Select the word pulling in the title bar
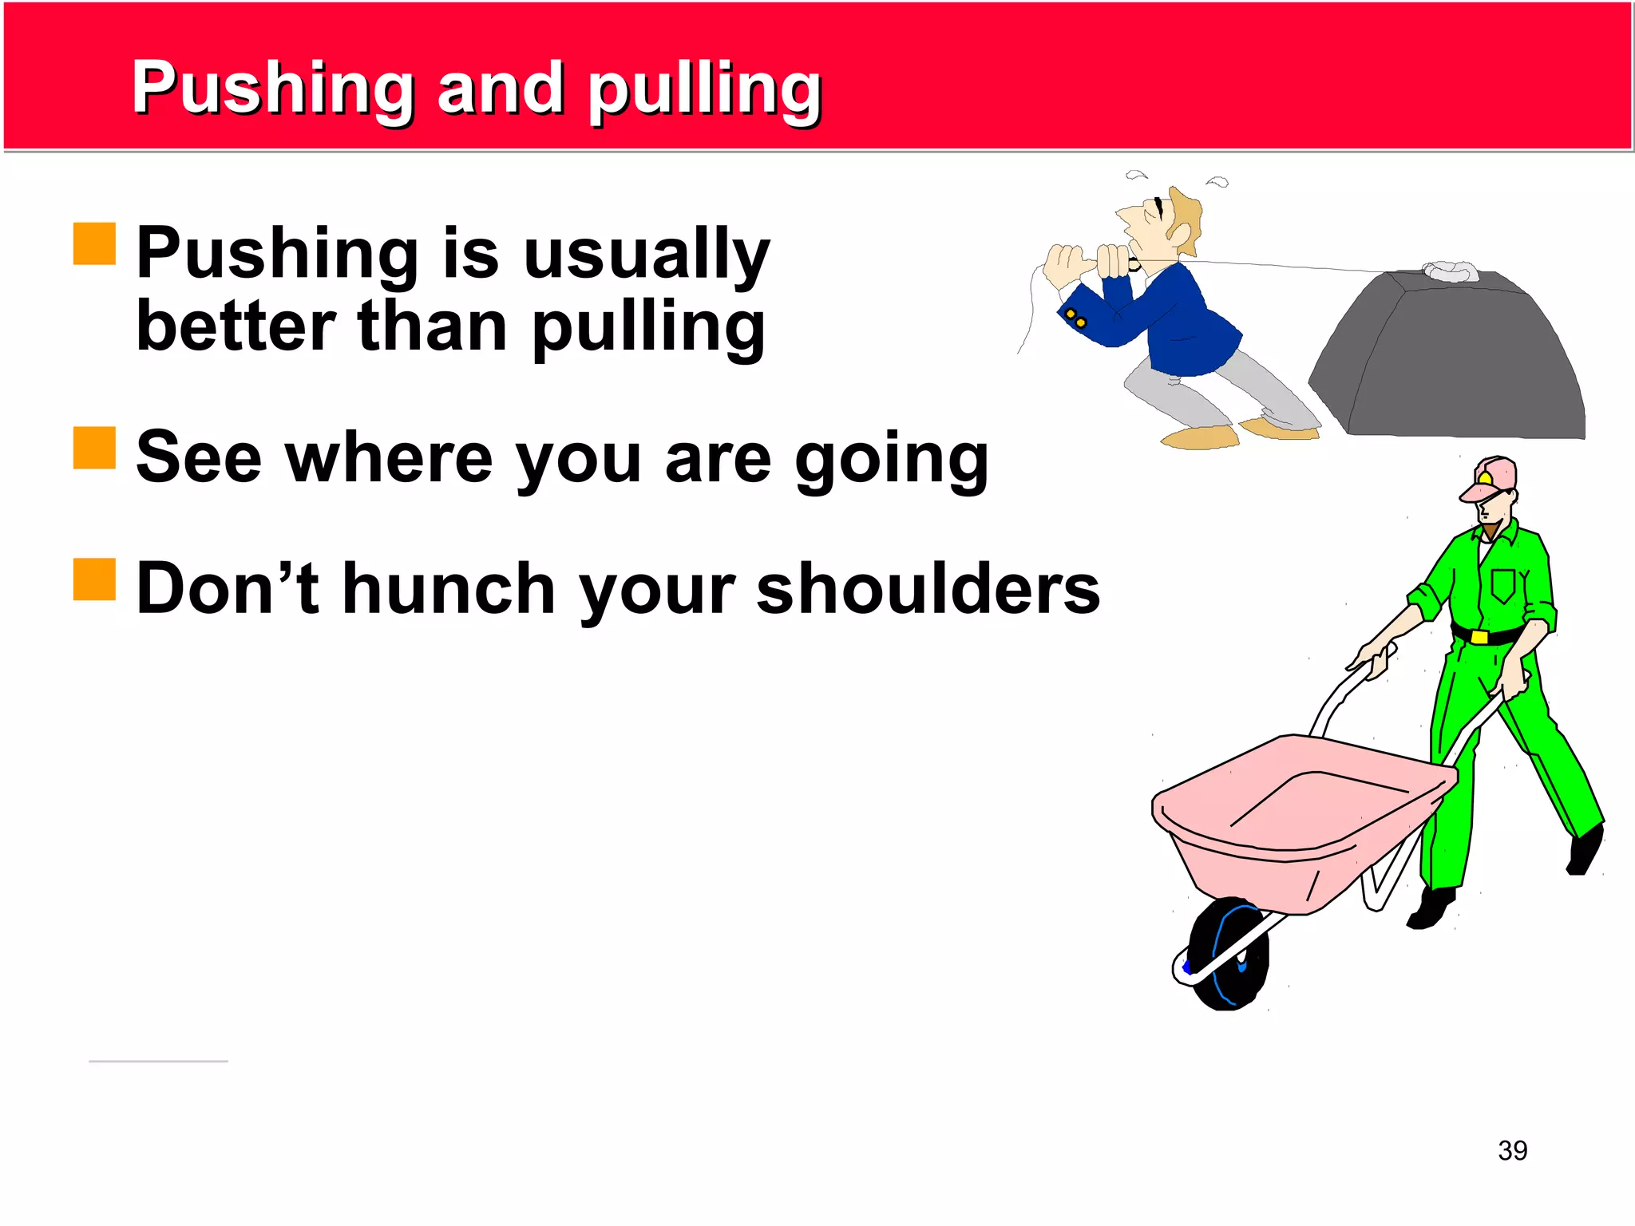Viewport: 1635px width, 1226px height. click(x=704, y=89)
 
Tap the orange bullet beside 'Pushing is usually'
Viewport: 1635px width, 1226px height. click(x=94, y=243)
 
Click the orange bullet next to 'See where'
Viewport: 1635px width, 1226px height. click(x=94, y=448)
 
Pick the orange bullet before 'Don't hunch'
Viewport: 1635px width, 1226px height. click(x=94, y=579)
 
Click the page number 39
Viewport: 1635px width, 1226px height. click(x=1512, y=1150)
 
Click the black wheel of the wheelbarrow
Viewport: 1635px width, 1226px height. click(x=1228, y=954)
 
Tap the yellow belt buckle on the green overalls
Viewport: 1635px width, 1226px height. click(x=1479, y=636)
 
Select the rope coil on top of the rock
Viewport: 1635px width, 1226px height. click(x=1451, y=271)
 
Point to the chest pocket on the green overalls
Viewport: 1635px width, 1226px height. click(x=1503, y=584)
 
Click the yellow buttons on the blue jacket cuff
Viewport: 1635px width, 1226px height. click(x=1076, y=318)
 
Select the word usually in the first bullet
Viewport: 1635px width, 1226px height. click(x=647, y=254)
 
